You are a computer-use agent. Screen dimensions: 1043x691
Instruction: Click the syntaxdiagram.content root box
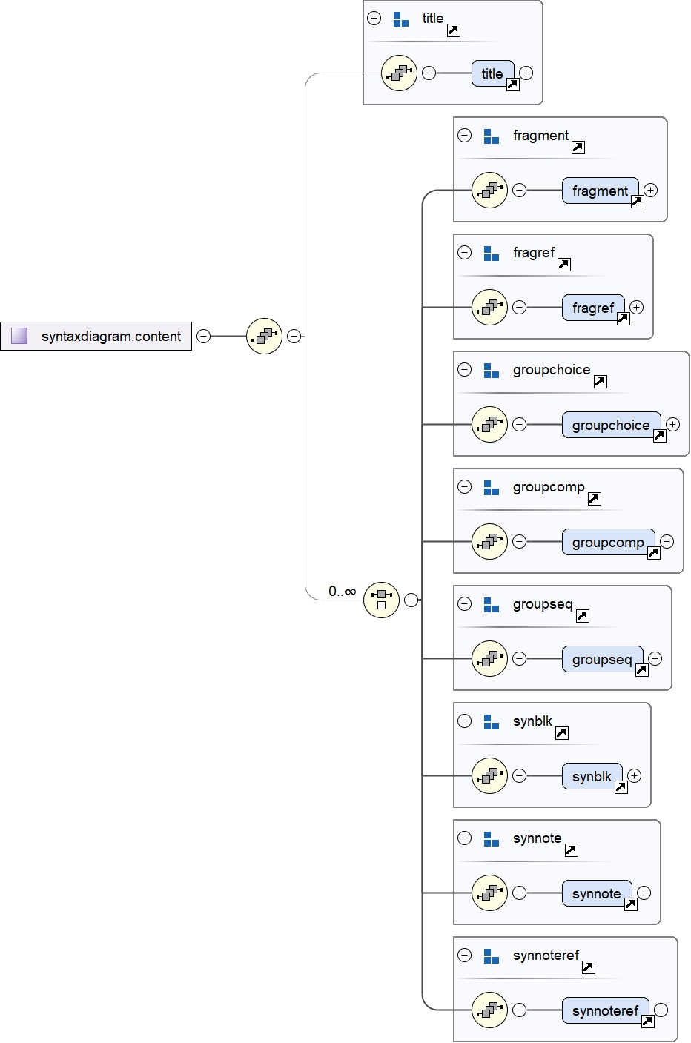(96, 336)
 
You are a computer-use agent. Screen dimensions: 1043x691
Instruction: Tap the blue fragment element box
(600, 191)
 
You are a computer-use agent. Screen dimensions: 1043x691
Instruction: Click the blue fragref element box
(592, 308)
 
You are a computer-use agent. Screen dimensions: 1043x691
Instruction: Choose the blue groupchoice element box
(610, 425)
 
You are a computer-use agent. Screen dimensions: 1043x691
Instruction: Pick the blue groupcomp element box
(607, 542)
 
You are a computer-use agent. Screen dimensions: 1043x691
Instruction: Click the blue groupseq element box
(601, 659)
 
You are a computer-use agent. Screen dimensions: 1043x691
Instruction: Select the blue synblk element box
(591, 776)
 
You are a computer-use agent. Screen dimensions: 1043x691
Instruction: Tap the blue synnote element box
(596, 893)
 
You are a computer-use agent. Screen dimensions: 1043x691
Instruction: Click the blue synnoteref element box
(604, 1010)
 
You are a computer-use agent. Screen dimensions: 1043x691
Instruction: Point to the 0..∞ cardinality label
(343, 591)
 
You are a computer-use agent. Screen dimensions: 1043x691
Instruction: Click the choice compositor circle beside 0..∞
(381, 600)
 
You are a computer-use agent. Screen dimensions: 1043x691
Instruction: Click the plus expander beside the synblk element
(635, 775)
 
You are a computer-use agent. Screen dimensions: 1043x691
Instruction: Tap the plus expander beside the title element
(526, 73)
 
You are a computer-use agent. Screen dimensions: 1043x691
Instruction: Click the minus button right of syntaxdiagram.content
(203, 336)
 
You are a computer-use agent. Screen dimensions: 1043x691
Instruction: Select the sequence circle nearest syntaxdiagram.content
(264, 336)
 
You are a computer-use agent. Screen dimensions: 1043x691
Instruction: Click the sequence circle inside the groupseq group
(489, 658)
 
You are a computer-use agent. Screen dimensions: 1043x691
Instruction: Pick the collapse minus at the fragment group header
(464, 135)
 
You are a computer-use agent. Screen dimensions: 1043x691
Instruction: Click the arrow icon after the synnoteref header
(588, 967)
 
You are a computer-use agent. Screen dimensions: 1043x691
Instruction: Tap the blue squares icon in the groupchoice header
(491, 370)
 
